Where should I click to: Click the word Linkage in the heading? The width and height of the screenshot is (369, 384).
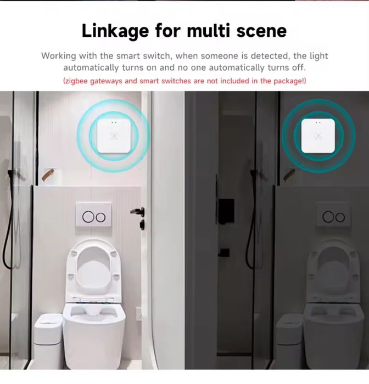pos(115,31)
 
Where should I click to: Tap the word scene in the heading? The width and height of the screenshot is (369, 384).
pos(261,31)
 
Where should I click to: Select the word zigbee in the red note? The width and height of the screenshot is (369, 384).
pos(77,81)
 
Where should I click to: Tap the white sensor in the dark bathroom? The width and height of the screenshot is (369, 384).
pos(318,135)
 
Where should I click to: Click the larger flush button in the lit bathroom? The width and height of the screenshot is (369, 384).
pos(88,217)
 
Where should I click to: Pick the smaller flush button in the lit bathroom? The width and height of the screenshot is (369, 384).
pos(100,217)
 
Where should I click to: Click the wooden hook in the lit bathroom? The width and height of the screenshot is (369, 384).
pos(48,174)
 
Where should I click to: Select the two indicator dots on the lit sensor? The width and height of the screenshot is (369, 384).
pos(113,122)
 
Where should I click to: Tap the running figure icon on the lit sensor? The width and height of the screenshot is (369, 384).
pos(114,136)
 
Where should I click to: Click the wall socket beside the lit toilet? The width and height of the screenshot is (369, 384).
pos(139,314)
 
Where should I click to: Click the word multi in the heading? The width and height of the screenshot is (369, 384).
pos(209,31)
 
